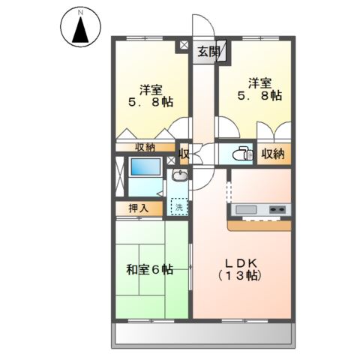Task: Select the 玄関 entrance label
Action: (x=208, y=52)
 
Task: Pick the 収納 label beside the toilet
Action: (x=273, y=154)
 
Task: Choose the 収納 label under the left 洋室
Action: (x=145, y=147)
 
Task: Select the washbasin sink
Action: (x=180, y=177)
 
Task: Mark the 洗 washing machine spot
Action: (x=178, y=205)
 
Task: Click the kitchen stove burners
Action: (x=277, y=208)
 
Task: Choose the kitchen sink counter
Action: (x=247, y=208)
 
